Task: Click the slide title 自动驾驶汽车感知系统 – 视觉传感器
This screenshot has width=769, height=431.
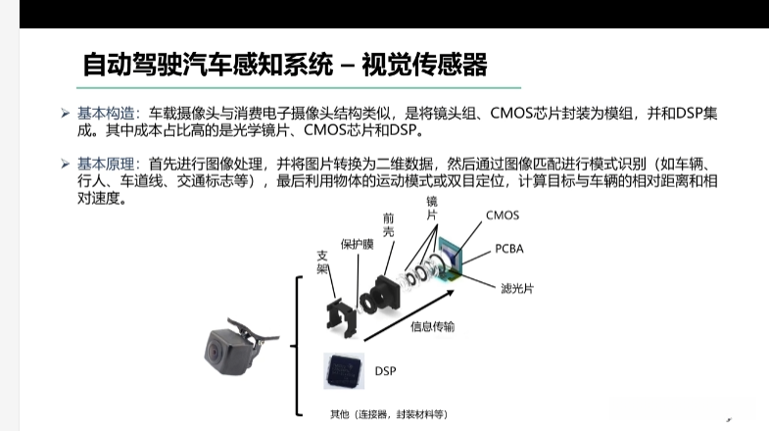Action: point(285,65)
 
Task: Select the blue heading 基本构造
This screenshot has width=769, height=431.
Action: point(106,114)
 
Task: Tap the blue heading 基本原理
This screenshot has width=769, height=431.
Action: point(106,164)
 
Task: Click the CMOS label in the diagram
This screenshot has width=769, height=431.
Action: point(503,215)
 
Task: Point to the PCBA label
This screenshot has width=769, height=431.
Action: point(509,249)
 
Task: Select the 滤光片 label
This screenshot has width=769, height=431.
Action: point(517,288)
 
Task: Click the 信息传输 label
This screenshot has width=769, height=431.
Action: point(432,326)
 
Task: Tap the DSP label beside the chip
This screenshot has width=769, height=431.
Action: point(386,371)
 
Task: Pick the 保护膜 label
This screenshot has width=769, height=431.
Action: point(357,244)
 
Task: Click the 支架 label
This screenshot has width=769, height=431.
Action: point(322,263)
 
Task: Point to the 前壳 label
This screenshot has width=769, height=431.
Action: point(389,224)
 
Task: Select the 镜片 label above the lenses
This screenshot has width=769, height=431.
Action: point(432,209)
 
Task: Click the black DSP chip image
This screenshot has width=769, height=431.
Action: point(344,370)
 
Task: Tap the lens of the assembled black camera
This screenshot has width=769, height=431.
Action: point(215,352)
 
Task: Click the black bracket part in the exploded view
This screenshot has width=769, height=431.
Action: point(341,318)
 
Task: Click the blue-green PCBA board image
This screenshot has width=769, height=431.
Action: point(450,259)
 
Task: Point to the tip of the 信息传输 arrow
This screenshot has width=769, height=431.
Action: point(454,291)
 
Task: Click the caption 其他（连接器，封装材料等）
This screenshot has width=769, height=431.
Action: point(389,414)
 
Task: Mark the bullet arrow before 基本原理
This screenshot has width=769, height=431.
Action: point(66,164)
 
